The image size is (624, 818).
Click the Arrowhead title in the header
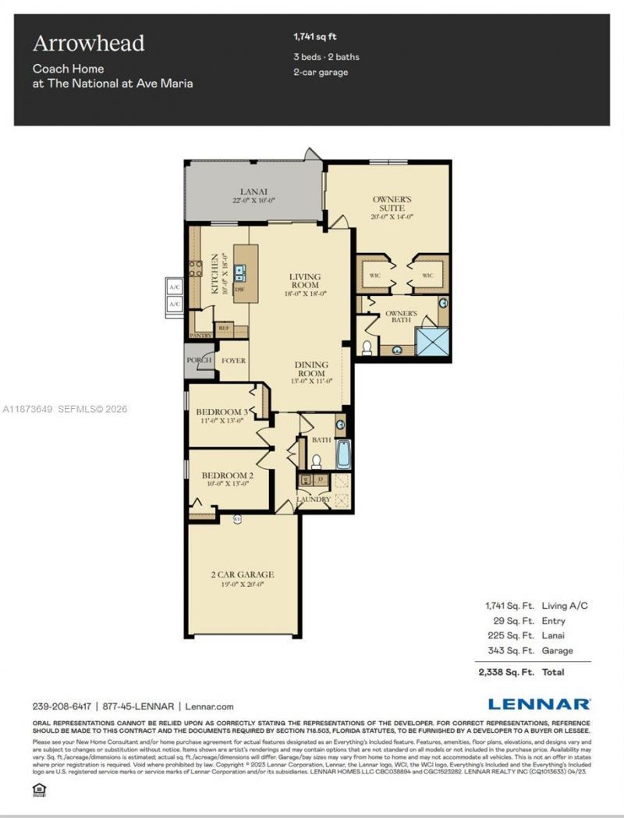[x=88, y=43]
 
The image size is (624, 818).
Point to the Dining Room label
[x=311, y=365]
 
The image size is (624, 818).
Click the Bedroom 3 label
[x=222, y=412]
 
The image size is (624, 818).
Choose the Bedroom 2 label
[x=228, y=475]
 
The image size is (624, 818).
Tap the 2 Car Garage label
[x=243, y=574]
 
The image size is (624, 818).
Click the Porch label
[x=199, y=361]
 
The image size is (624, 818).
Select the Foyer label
[x=234, y=361]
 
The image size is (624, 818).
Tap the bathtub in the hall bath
[x=343, y=454]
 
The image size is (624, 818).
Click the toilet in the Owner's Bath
[x=367, y=347]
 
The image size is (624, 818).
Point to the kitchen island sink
[x=240, y=272]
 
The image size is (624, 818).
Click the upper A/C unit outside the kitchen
[x=174, y=286]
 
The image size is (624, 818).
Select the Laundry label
[x=313, y=499]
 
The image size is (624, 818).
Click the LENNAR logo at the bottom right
[x=539, y=704]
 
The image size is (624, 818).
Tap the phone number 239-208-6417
[x=62, y=706]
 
